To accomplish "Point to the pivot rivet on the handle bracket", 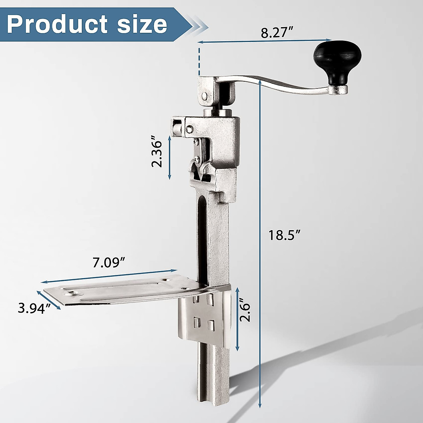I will click(204, 96).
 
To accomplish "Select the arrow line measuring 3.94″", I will click(49, 300).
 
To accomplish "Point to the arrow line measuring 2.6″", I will click(237, 317).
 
